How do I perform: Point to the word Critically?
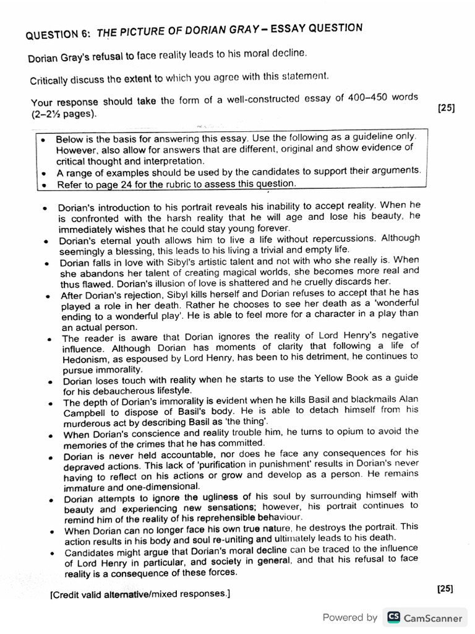51,80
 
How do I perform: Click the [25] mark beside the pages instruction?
446,107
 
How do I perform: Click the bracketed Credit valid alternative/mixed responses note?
140,594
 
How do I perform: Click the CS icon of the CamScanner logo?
392,617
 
